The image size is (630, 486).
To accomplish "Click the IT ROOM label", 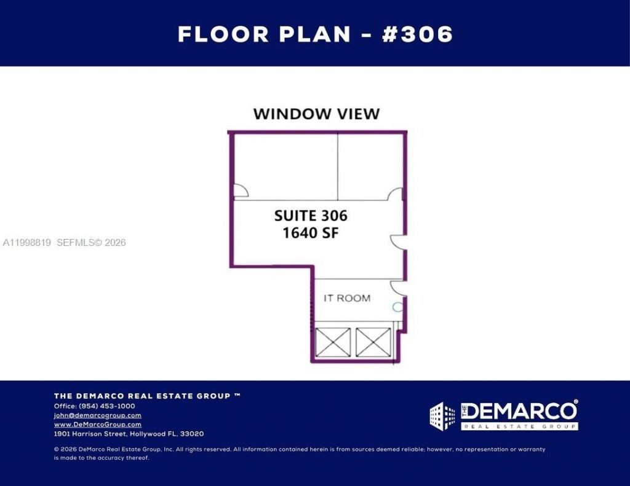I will pos(347,298).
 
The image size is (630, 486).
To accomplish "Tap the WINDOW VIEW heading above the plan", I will pos(316,114).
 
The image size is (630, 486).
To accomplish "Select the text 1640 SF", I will pos(311,233).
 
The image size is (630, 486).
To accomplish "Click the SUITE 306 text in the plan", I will pos(311,216).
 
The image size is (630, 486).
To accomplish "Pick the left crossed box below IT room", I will pos(333,342).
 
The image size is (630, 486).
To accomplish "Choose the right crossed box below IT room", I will pos(373,342).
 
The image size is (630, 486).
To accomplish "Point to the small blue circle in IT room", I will pos(397,307).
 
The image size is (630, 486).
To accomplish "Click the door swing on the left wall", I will pos(241,192).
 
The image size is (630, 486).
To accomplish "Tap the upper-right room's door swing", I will pos(395,194).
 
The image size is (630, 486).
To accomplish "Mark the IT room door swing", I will pos(397,287).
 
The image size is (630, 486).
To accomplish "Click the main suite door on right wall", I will pos(398,241).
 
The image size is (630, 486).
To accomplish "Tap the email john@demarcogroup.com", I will pos(97,415).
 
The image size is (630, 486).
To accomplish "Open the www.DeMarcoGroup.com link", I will pos(97,425).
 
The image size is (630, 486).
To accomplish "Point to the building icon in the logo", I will pos(442,416).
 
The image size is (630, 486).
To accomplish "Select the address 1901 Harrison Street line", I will pos(129,434).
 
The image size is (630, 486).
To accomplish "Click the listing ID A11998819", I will pos(27,243).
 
